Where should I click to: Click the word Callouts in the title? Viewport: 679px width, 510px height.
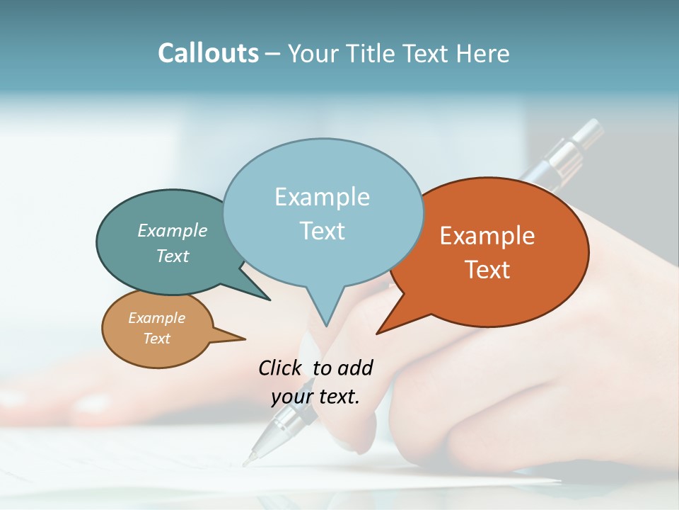(x=208, y=53)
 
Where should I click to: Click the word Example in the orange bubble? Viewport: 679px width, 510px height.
(x=487, y=236)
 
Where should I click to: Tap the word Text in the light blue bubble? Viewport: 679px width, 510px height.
(x=323, y=231)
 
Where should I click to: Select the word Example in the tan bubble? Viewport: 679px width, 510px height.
(x=157, y=318)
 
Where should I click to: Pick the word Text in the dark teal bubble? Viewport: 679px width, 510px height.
(x=173, y=256)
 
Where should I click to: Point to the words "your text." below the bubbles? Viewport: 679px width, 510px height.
(x=315, y=397)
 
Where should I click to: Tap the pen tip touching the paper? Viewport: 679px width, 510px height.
(x=248, y=462)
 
